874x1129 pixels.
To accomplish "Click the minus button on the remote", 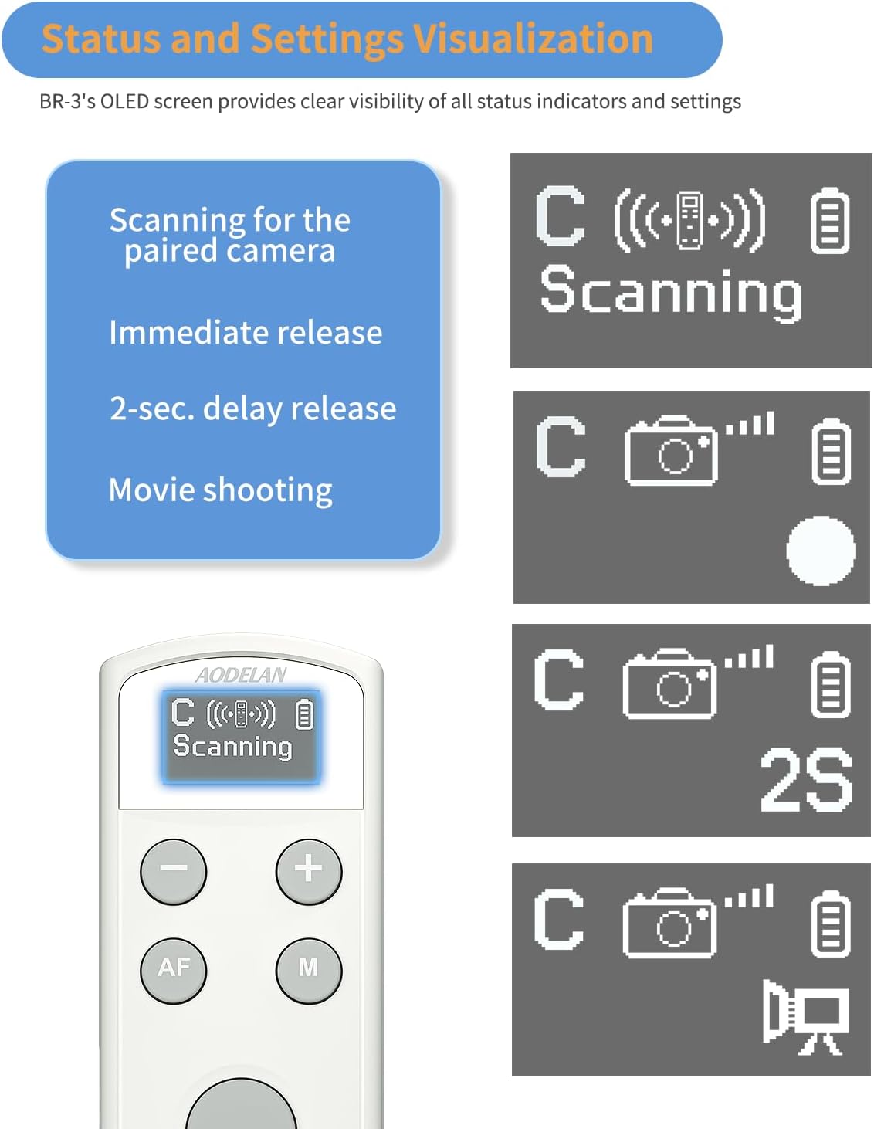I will pyautogui.click(x=173, y=870).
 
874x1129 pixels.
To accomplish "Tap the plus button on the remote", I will pyautogui.click(x=309, y=870).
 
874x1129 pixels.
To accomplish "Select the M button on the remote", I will pyautogui.click(x=309, y=969).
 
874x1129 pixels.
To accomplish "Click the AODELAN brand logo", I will pyautogui.click(x=241, y=676).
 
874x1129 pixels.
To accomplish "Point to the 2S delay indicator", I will pyautogui.click(x=806, y=781).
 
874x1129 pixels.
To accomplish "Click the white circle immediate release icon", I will pyautogui.click(x=821, y=551).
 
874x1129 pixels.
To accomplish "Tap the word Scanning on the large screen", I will pyautogui.click(x=671, y=292).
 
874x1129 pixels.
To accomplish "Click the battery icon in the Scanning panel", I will pyautogui.click(x=830, y=221).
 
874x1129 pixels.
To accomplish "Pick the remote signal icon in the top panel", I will pyautogui.click(x=689, y=221).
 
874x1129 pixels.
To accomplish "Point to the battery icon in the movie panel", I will pyautogui.click(x=831, y=924).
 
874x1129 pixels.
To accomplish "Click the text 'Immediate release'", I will pyautogui.click(x=246, y=333).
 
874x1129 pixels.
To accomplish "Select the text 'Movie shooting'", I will pyautogui.click(x=221, y=490).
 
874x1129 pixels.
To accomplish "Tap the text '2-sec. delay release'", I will pyautogui.click(x=252, y=409).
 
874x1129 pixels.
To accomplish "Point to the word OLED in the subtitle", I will pyautogui.click(x=124, y=102).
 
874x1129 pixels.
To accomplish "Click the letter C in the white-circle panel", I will pyautogui.click(x=561, y=447).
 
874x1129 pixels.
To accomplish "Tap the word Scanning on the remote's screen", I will pyautogui.click(x=232, y=747).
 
